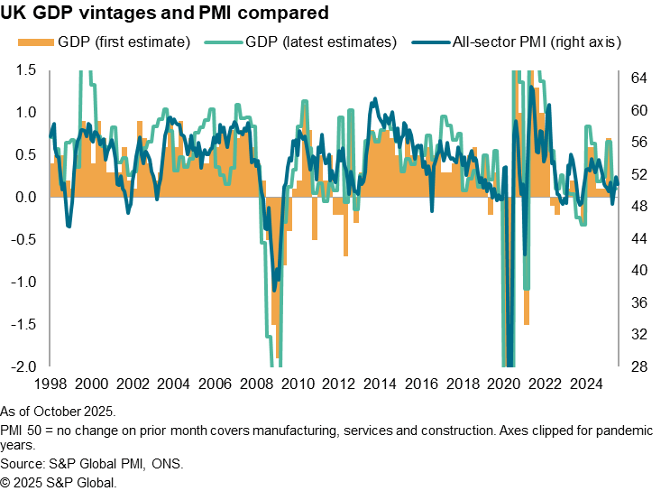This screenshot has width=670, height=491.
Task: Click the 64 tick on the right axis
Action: click(638, 78)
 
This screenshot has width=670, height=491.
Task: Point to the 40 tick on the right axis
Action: click(638, 271)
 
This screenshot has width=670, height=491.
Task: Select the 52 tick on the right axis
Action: click(638, 174)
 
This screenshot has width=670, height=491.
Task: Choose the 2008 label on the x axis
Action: click(263, 383)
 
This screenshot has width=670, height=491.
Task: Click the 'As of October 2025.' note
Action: click(56, 411)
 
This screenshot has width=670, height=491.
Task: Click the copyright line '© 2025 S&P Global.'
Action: click(59, 483)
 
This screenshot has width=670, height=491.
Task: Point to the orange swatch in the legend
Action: click(34, 42)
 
